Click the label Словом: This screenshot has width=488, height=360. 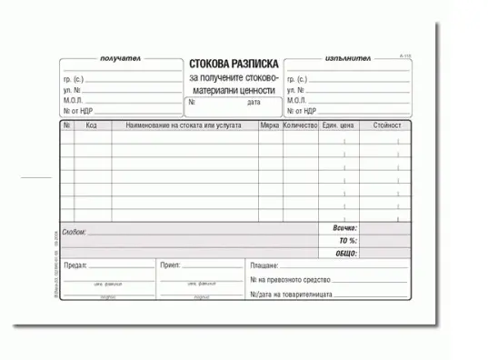75,232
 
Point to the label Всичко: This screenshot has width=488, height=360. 345,227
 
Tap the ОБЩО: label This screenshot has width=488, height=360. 346,253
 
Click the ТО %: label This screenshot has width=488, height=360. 348,240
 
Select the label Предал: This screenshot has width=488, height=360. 77,265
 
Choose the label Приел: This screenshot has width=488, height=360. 170,265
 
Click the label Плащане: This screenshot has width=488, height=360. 264,265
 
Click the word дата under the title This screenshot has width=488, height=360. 254,103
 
